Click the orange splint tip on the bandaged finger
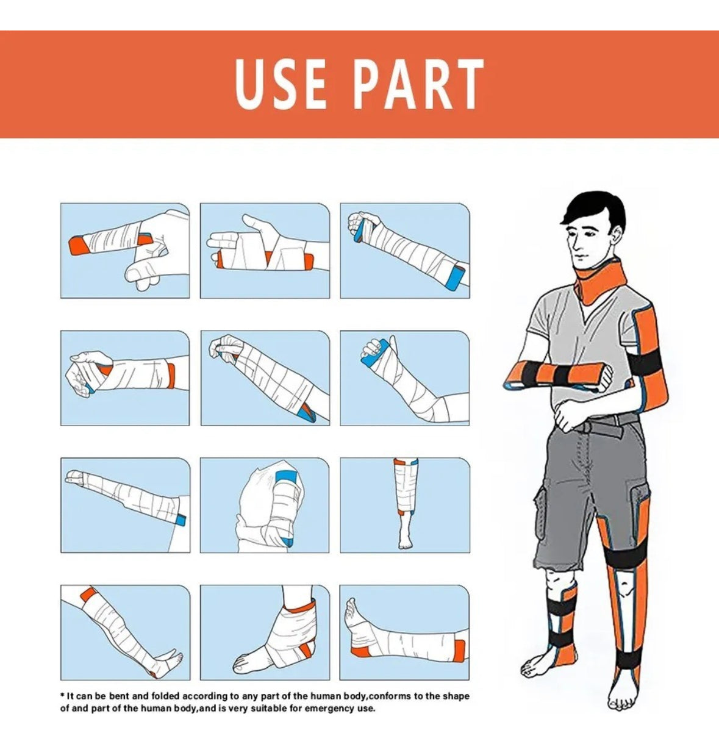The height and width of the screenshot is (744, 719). tap(77, 245)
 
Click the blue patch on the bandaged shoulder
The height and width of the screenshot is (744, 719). tap(288, 477)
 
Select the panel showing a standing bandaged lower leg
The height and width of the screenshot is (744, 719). tap(405, 506)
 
